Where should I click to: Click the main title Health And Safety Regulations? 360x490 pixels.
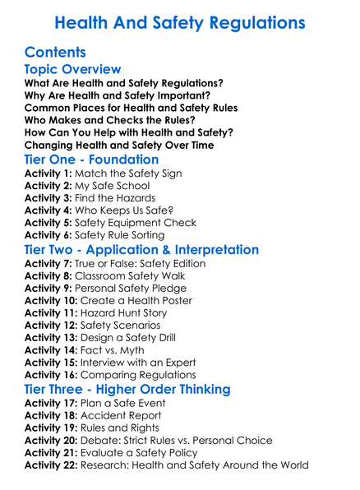pos(180,22)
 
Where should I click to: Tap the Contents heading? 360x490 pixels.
pos(55,53)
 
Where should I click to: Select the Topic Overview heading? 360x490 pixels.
pos(73,70)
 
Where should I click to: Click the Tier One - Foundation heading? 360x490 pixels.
pos(92,159)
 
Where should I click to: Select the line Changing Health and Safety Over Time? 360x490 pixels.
pos(119,145)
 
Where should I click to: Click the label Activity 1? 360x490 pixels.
pos(48,173)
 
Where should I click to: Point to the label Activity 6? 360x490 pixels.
pos(48,235)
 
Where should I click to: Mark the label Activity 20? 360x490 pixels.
pos(52,440)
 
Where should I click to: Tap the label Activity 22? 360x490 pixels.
pos(52,465)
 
